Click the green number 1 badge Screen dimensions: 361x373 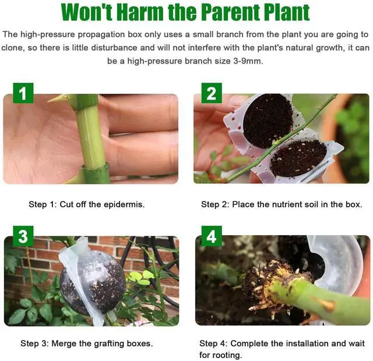coord(23,94)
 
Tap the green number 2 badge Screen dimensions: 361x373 coord(211,93)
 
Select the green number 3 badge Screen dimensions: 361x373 coord(23,236)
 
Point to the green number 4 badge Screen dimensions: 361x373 coord(211,236)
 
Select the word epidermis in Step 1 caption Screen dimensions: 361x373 coord(124,204)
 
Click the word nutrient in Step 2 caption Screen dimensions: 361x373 coord(287,204)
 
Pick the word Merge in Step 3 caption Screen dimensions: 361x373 coord(72,344)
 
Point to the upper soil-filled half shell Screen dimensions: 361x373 coord(267,119)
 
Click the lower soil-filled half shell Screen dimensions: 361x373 coord(298,157)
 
